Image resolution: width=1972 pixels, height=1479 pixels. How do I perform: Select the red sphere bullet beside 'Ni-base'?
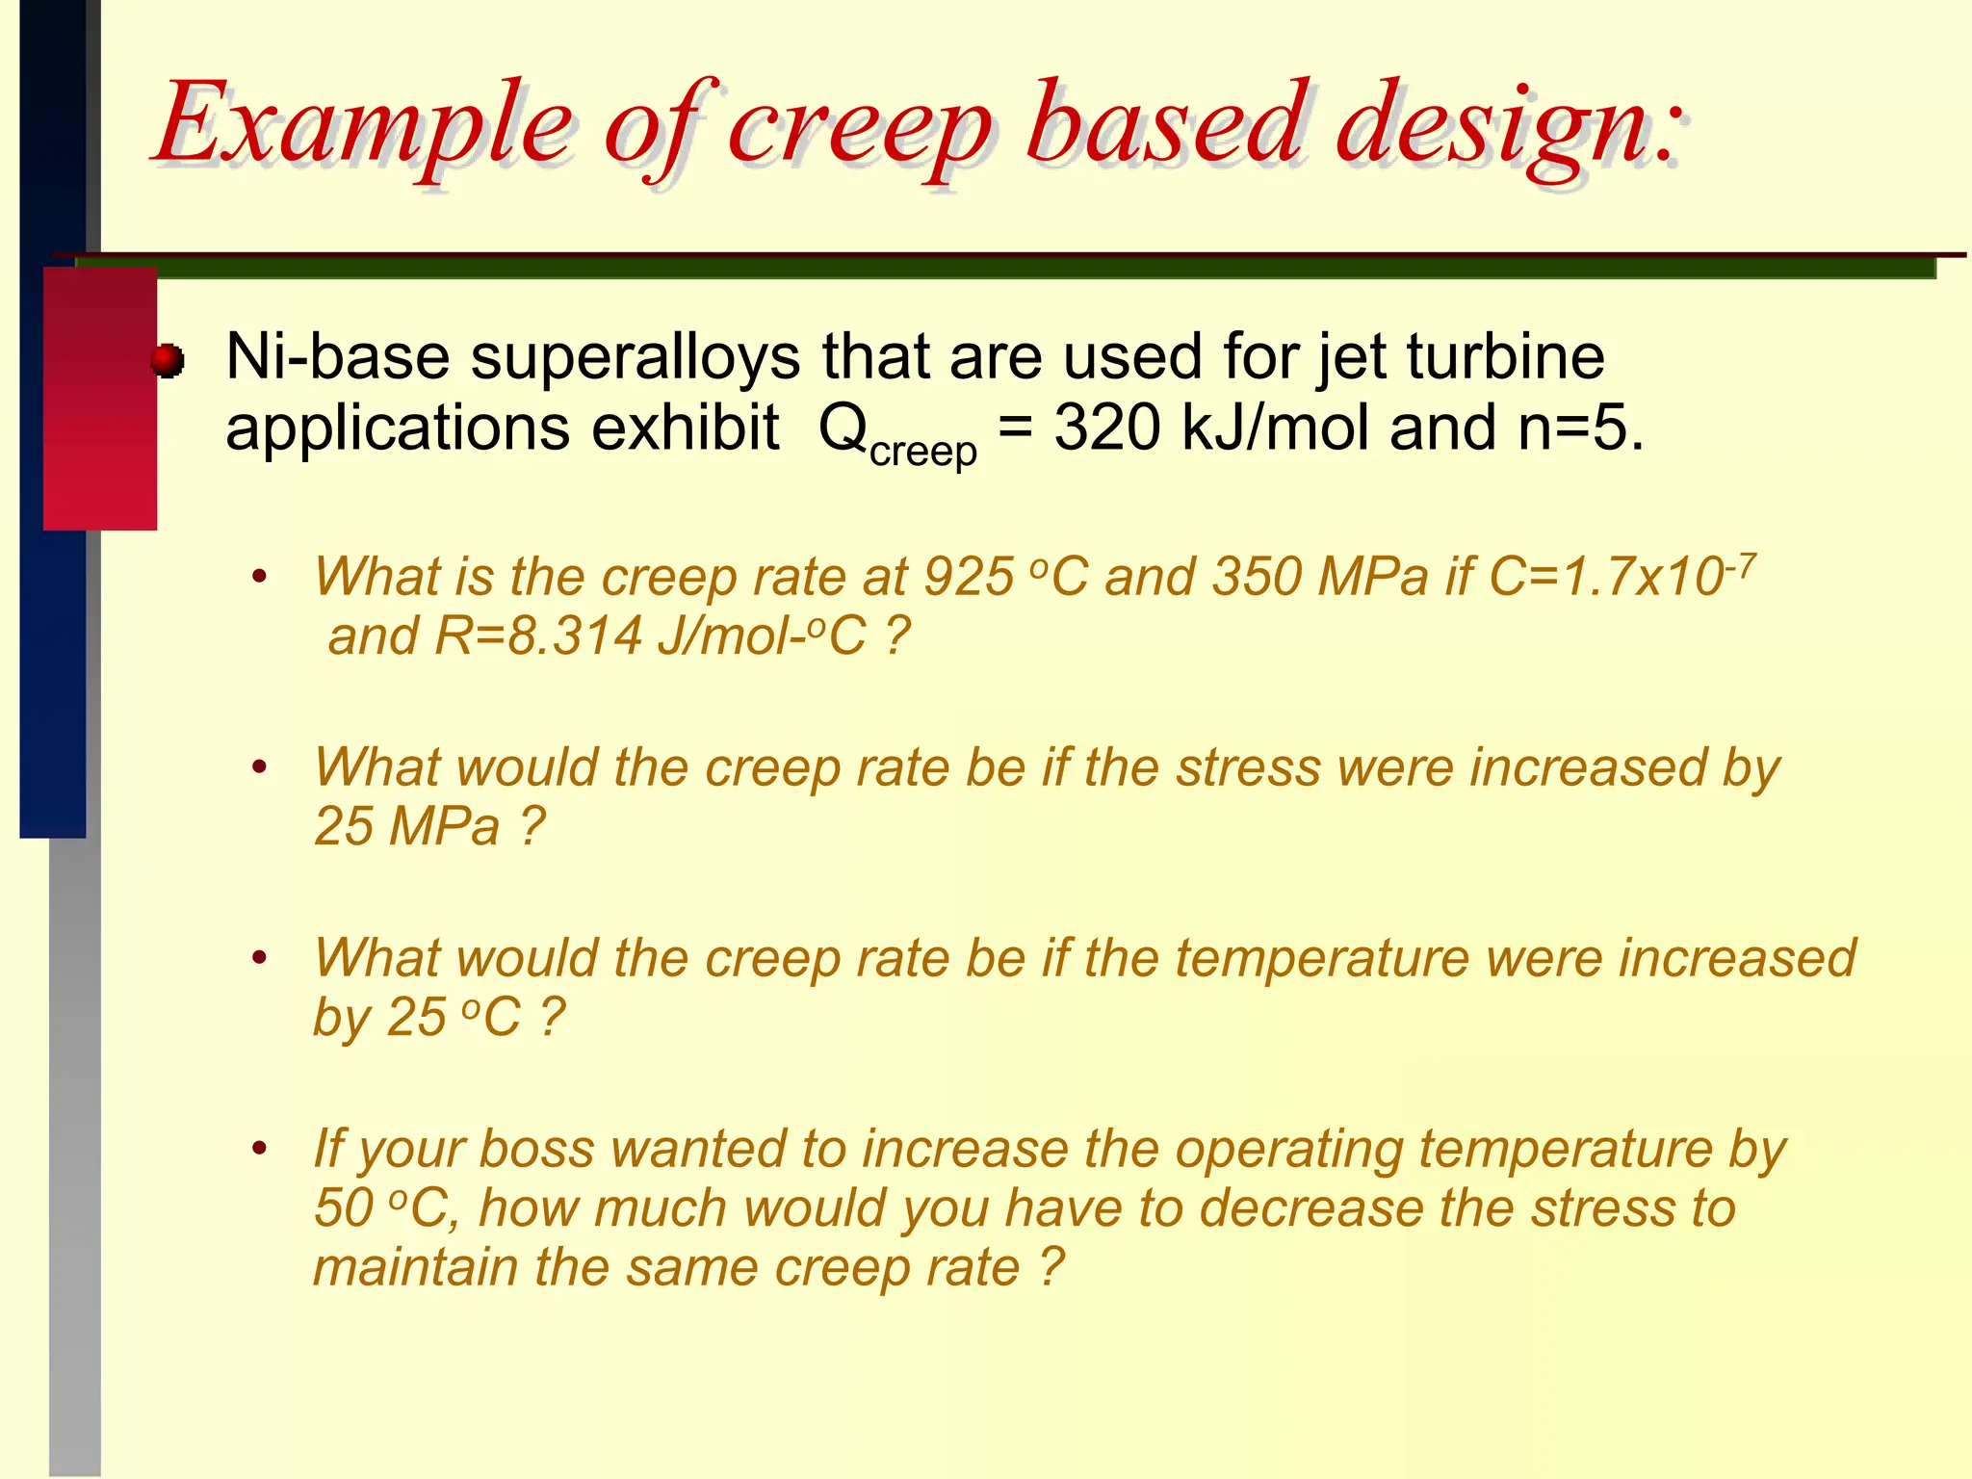click(168, 361)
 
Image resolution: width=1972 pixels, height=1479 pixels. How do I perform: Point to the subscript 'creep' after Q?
click(922, 451)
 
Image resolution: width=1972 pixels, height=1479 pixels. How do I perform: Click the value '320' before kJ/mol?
click(1107, 428)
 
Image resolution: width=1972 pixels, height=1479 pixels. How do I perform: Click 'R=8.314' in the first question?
click(538, 636)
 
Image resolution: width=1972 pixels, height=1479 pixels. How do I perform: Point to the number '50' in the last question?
click(344, 1208)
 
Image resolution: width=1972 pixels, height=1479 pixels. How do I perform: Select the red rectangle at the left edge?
click(100, 399)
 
